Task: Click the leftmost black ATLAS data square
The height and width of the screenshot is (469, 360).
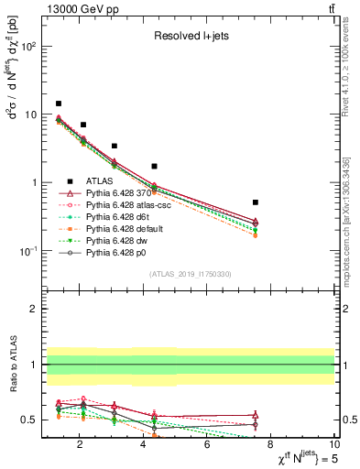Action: coord(59,104)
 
